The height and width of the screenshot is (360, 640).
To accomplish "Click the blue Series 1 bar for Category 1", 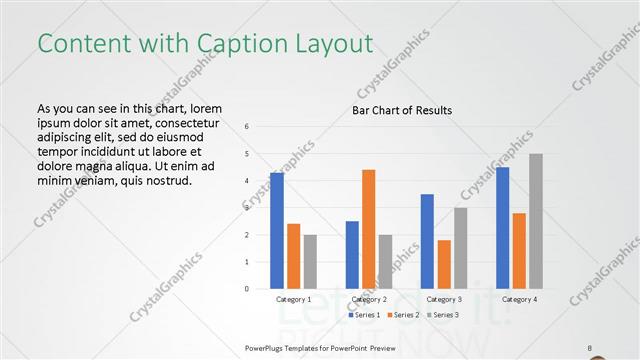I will click(x=277, y=231).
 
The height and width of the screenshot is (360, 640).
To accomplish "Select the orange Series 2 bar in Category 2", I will click(x=369, y=229).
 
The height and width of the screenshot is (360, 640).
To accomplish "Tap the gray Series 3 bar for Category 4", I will click(x=536, y=221).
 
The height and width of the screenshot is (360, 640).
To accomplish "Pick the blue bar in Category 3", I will click(x=427, y=241).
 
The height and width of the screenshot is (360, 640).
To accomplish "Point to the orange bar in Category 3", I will click(x=444, y=264).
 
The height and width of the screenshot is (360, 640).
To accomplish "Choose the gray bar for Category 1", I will click(x=310, y=262).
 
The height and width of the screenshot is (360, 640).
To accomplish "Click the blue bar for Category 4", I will click(x=503, y=228).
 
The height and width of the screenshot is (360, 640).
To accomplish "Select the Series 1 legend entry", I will click(x=365, y=315).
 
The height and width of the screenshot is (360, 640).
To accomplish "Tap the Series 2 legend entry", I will click(x=403, y=315).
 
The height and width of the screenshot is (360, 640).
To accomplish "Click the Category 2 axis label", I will click(x=369, y=299).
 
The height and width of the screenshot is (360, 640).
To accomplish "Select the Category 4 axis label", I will click(x=520, y=299).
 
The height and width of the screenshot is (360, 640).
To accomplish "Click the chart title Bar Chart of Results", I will click(x=402, y=110).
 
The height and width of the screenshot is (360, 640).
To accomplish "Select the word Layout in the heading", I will click(x=334, y=43).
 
